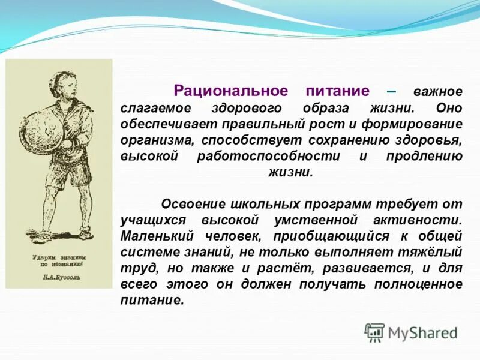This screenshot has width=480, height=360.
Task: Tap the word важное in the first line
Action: coord(437,92)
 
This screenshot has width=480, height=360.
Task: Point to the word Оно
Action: coord(449,109)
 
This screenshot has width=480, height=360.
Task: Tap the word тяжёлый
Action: coord(436,251)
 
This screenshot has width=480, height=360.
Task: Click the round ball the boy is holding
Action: coord(35,129)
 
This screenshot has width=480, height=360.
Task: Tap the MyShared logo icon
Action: coord(374,332)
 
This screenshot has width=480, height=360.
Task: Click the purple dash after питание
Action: coord(391,91)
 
